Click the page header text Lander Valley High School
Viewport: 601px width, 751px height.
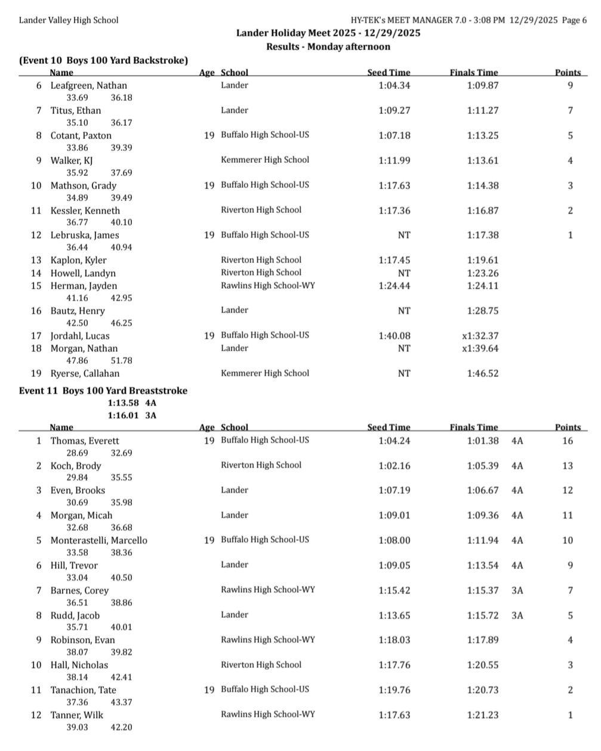(69, 20)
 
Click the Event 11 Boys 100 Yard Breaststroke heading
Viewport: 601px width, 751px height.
(103, 391)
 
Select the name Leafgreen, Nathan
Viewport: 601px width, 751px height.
(88, 85)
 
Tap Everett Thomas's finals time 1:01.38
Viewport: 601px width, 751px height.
(482, 441)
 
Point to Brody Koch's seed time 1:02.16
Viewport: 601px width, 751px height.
(394, 466)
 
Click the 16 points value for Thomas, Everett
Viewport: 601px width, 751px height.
(567, 441)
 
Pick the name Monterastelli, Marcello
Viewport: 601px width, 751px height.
(98, 540)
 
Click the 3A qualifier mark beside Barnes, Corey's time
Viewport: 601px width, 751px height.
(517, 591)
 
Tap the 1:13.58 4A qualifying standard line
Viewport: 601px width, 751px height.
(132, 403)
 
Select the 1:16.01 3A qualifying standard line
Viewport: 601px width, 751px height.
(132, 415)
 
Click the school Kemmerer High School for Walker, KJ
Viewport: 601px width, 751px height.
(265, 160)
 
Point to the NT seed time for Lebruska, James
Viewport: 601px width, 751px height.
(404, 235)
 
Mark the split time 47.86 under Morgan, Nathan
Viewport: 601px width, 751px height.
(77, 360)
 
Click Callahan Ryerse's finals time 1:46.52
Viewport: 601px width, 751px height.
(482, 374)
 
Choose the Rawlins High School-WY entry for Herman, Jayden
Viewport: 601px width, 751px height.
(268, 285)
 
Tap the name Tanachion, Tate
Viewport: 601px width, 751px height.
(83, 690)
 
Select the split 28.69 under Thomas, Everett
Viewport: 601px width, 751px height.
(77, 453)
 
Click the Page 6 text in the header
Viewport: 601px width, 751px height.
(575, 20)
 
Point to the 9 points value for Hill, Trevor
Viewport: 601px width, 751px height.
(570, 565)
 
